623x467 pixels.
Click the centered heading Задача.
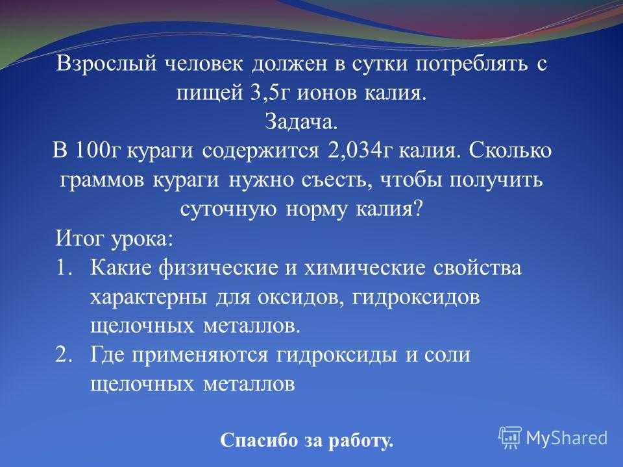301,121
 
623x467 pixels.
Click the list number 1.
64,267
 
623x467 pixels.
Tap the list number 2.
64,355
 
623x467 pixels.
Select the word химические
364,268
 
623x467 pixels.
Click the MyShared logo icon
510,437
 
